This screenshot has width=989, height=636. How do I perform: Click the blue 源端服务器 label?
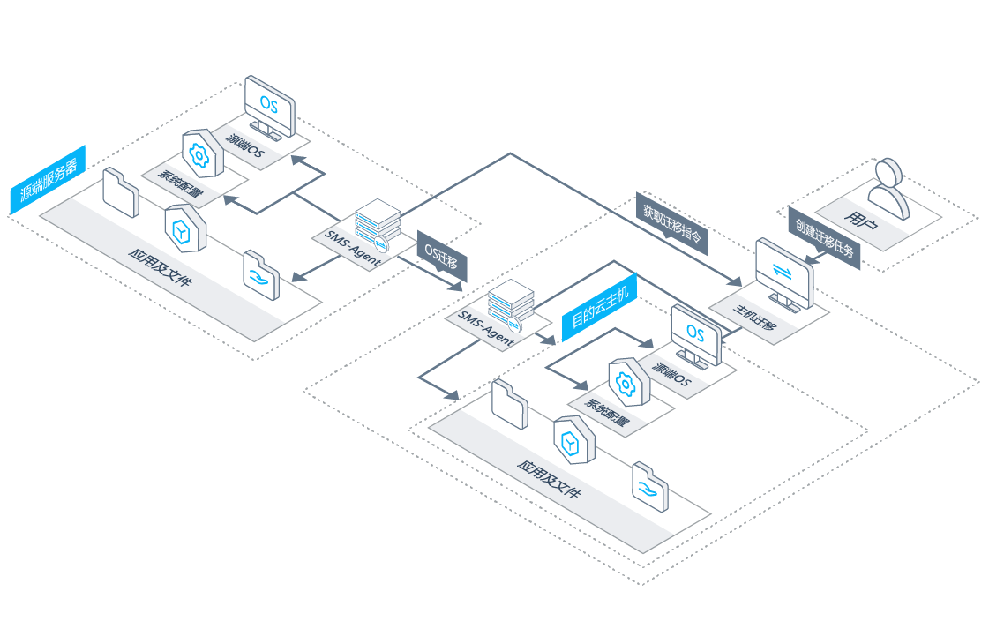[x=48, y=180]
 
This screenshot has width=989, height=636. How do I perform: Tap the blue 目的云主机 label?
[x=599, y=307]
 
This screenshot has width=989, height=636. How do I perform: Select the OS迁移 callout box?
[x=441, y=256]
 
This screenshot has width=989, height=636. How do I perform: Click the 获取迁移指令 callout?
[x=671, y=223]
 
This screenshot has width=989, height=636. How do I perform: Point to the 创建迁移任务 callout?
[x=824, y=238]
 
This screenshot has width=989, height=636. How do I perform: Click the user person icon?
[x=888, y=188]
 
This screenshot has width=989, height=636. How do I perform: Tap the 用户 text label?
[x=861, y=221]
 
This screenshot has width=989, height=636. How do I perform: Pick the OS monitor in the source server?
[x=269, y=108]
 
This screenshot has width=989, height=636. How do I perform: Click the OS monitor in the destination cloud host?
[x=696, y=336]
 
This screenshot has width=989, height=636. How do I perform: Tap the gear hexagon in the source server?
[x=202, y=153]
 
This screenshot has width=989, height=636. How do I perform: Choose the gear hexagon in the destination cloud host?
[x=629, y=382]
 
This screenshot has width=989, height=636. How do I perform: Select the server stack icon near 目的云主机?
[x=511, y=306]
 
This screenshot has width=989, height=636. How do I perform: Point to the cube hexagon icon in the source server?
[x=185, y=228]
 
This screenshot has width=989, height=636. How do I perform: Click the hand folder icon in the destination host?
[x=650, y=487]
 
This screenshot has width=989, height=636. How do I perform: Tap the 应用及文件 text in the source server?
[x=160, y=267]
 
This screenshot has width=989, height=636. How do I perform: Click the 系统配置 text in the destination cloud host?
[x=607, y=412]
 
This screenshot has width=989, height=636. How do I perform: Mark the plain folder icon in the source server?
[x=121, y=192]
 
